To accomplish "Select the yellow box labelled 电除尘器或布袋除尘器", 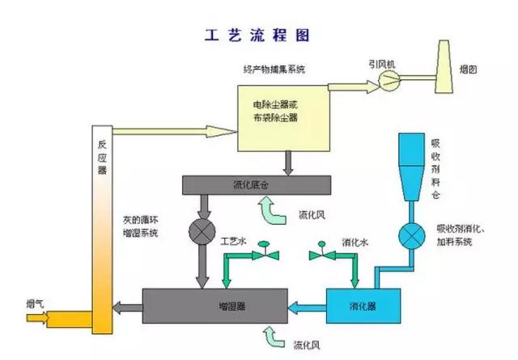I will pyautogui.click(x=281, y=112).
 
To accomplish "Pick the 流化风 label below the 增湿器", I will pyautogui.click(x=312, y=344).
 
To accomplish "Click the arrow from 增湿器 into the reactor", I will pyautogui.click(x=127, y=306).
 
